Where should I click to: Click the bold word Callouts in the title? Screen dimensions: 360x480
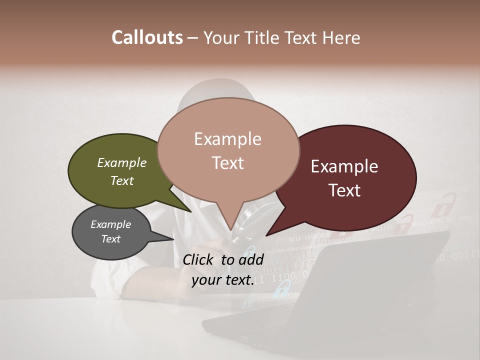[147, 37]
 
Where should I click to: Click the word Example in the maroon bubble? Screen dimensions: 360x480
[344, 166]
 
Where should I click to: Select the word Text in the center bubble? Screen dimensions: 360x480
[227, 163]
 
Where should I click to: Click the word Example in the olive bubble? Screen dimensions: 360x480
[122, 163]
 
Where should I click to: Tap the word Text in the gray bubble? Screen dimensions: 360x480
[111, 239]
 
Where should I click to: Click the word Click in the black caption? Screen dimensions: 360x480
[199, 259]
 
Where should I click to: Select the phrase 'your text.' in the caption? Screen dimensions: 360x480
[223, 280]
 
